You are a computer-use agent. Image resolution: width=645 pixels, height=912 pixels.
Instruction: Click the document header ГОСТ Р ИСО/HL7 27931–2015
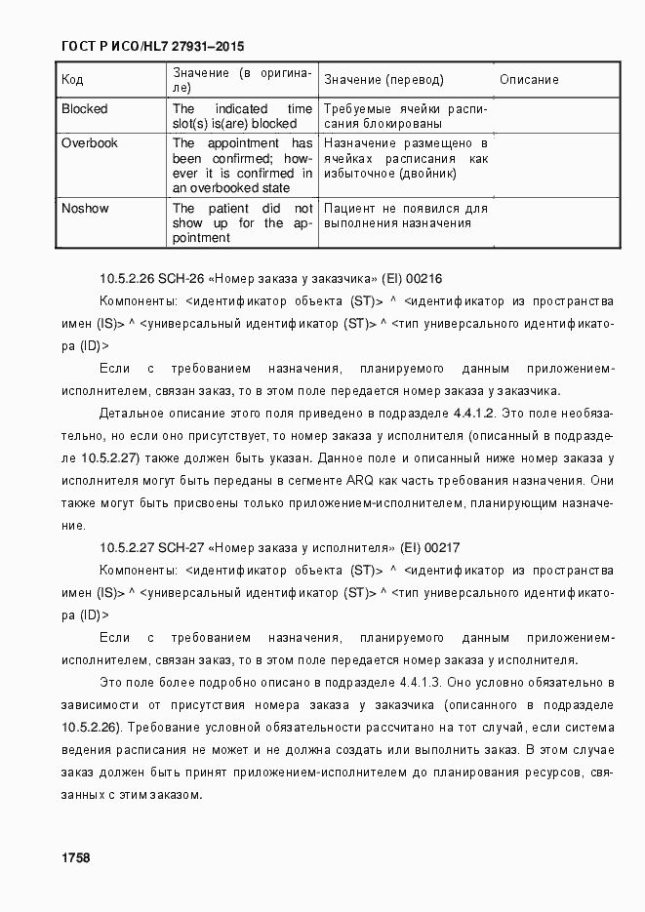point(152,46)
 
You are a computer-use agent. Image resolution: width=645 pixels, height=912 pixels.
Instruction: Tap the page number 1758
point(76,857)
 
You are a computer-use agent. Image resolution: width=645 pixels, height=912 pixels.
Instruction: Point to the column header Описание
point(529,80)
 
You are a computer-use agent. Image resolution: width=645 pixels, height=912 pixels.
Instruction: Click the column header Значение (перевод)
point(383,80)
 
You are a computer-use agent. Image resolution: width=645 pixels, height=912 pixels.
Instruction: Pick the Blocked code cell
point(85,109)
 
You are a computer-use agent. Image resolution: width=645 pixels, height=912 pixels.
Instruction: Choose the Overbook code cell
point(89,143)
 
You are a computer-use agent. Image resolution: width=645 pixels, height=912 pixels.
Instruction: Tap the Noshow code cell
point(85,209)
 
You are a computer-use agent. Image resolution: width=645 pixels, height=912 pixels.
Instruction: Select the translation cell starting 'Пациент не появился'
point(404,216)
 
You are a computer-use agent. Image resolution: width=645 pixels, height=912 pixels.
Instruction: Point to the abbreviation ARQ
point(358,481)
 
